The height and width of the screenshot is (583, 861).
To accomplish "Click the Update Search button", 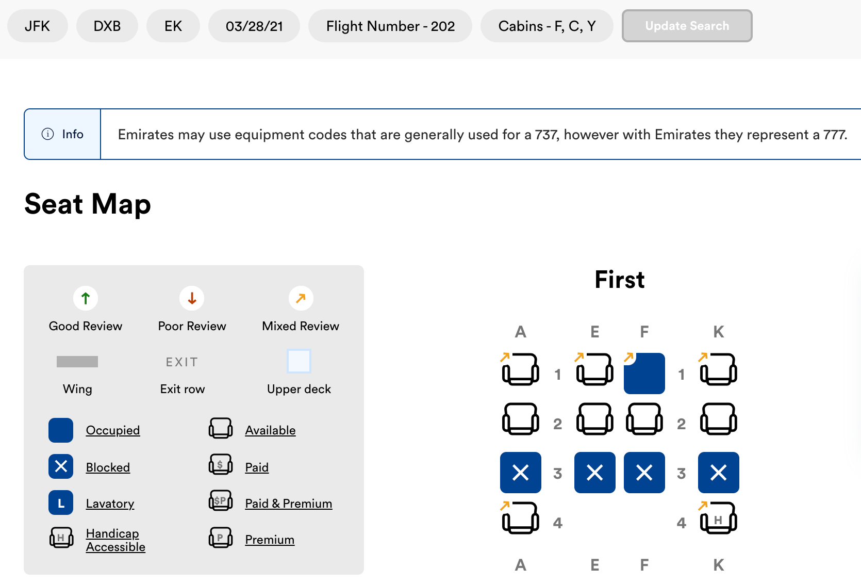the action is coord(687,26).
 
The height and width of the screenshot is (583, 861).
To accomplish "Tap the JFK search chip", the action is coord(37,26).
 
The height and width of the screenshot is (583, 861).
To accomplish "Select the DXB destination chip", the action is coord(107,26).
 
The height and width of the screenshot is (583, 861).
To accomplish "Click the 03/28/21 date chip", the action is coord(254,26).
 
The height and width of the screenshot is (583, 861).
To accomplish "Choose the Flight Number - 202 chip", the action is coord(390,26).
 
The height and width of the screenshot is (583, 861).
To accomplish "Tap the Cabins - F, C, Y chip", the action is coord(547,26).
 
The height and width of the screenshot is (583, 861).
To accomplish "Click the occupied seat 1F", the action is coord(644,373).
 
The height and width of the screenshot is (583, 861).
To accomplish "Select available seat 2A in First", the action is coord(520,419).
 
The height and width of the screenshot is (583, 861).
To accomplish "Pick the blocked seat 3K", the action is coord(718,472).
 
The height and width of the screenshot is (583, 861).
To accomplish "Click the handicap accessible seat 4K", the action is coord(718,517).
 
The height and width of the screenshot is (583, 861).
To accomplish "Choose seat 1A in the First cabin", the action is coord(520,369).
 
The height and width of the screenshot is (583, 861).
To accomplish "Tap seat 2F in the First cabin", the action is coord(644,419).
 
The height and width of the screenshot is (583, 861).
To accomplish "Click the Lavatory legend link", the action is coord(110,504).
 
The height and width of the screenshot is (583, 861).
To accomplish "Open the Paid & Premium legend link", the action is coord(289,504).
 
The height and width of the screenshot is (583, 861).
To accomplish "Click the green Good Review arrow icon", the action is coord(86,298).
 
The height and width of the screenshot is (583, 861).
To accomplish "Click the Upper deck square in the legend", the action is coord(299,361).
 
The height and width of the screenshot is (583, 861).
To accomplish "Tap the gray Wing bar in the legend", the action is coord(77,362).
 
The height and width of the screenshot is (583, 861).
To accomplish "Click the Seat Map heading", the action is coord(88,204).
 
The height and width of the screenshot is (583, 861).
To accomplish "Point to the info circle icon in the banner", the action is coord(47,134).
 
